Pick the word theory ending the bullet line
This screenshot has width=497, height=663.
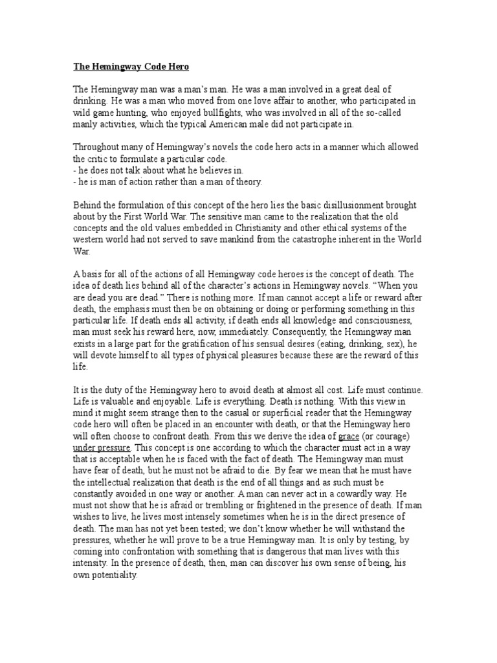pyautogui.click(x=245, y=182)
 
